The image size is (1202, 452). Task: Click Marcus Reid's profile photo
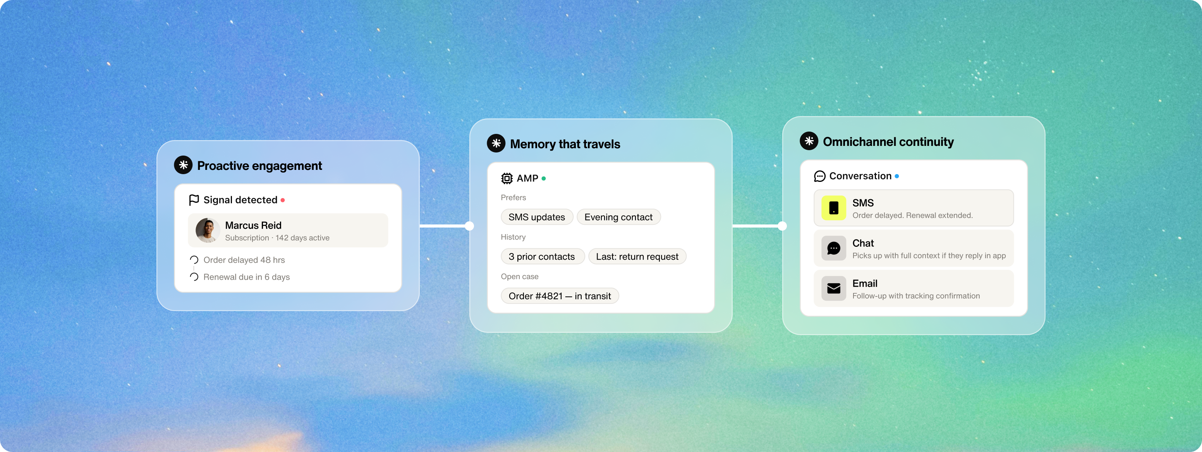coord(208,230)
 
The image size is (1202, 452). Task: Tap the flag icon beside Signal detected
coord(194,200)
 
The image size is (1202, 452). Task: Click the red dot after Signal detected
coord(283,200)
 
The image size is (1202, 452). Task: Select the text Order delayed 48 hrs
coord(244,260)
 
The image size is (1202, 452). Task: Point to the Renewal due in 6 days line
coord(246,277)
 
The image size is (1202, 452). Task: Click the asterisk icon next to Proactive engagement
coord(184,165)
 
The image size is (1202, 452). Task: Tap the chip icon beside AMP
coord(507,178)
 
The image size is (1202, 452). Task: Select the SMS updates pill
coord(537,217)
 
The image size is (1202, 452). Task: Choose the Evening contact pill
coord(618,217)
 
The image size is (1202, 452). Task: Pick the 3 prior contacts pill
coord(542,257)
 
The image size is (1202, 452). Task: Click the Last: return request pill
coord(637,257)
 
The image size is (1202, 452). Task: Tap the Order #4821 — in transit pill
coord(560,296)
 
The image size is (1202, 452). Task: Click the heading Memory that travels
coord(565,144)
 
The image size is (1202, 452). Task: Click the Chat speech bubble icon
coord(834,248)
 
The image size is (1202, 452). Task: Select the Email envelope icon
coord(834,289)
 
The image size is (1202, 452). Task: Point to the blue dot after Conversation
coord(897,176)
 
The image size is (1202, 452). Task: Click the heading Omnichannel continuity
coord(888,142)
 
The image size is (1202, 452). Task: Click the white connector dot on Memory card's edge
coord(469,226)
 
